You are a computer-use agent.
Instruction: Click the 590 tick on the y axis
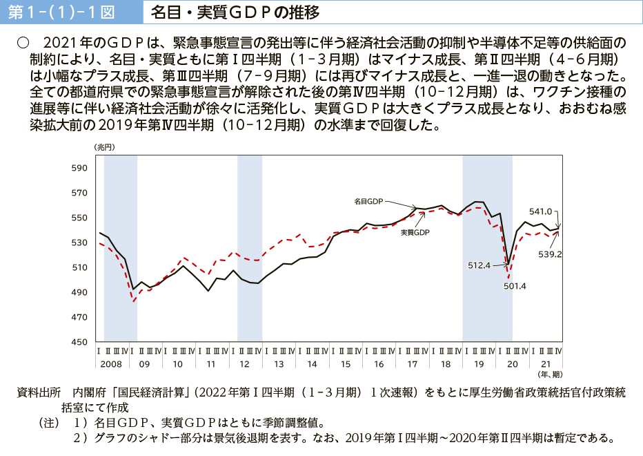[79, 168]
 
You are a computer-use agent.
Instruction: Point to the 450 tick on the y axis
[79, 342]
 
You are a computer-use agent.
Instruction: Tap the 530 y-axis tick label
[79, 243]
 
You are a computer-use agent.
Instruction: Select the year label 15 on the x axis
[345, 363]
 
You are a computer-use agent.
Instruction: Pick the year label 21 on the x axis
[546, 363]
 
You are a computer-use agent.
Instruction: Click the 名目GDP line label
[368, 201]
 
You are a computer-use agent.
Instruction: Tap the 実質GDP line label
[415, 233]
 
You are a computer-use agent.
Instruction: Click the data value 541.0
[540, 211]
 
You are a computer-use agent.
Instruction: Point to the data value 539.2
[551, 254]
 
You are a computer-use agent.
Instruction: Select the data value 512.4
[478, 265]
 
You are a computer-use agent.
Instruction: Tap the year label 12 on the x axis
[244, 363]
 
